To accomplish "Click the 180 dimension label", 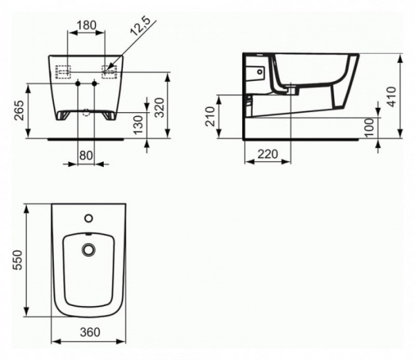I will (x=86, y=25).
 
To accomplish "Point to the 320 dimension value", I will (x=158, y=106).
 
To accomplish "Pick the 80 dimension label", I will (x=85, y=156).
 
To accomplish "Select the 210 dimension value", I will (x=210, y=116).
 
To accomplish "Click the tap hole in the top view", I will (x=89, y=219).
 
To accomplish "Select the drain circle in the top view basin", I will (x=89, y=249).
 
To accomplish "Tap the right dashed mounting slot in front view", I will (x=109, y=70).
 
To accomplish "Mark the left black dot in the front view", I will (x=77, y=84).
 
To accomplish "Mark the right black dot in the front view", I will (x=94, y=84).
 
